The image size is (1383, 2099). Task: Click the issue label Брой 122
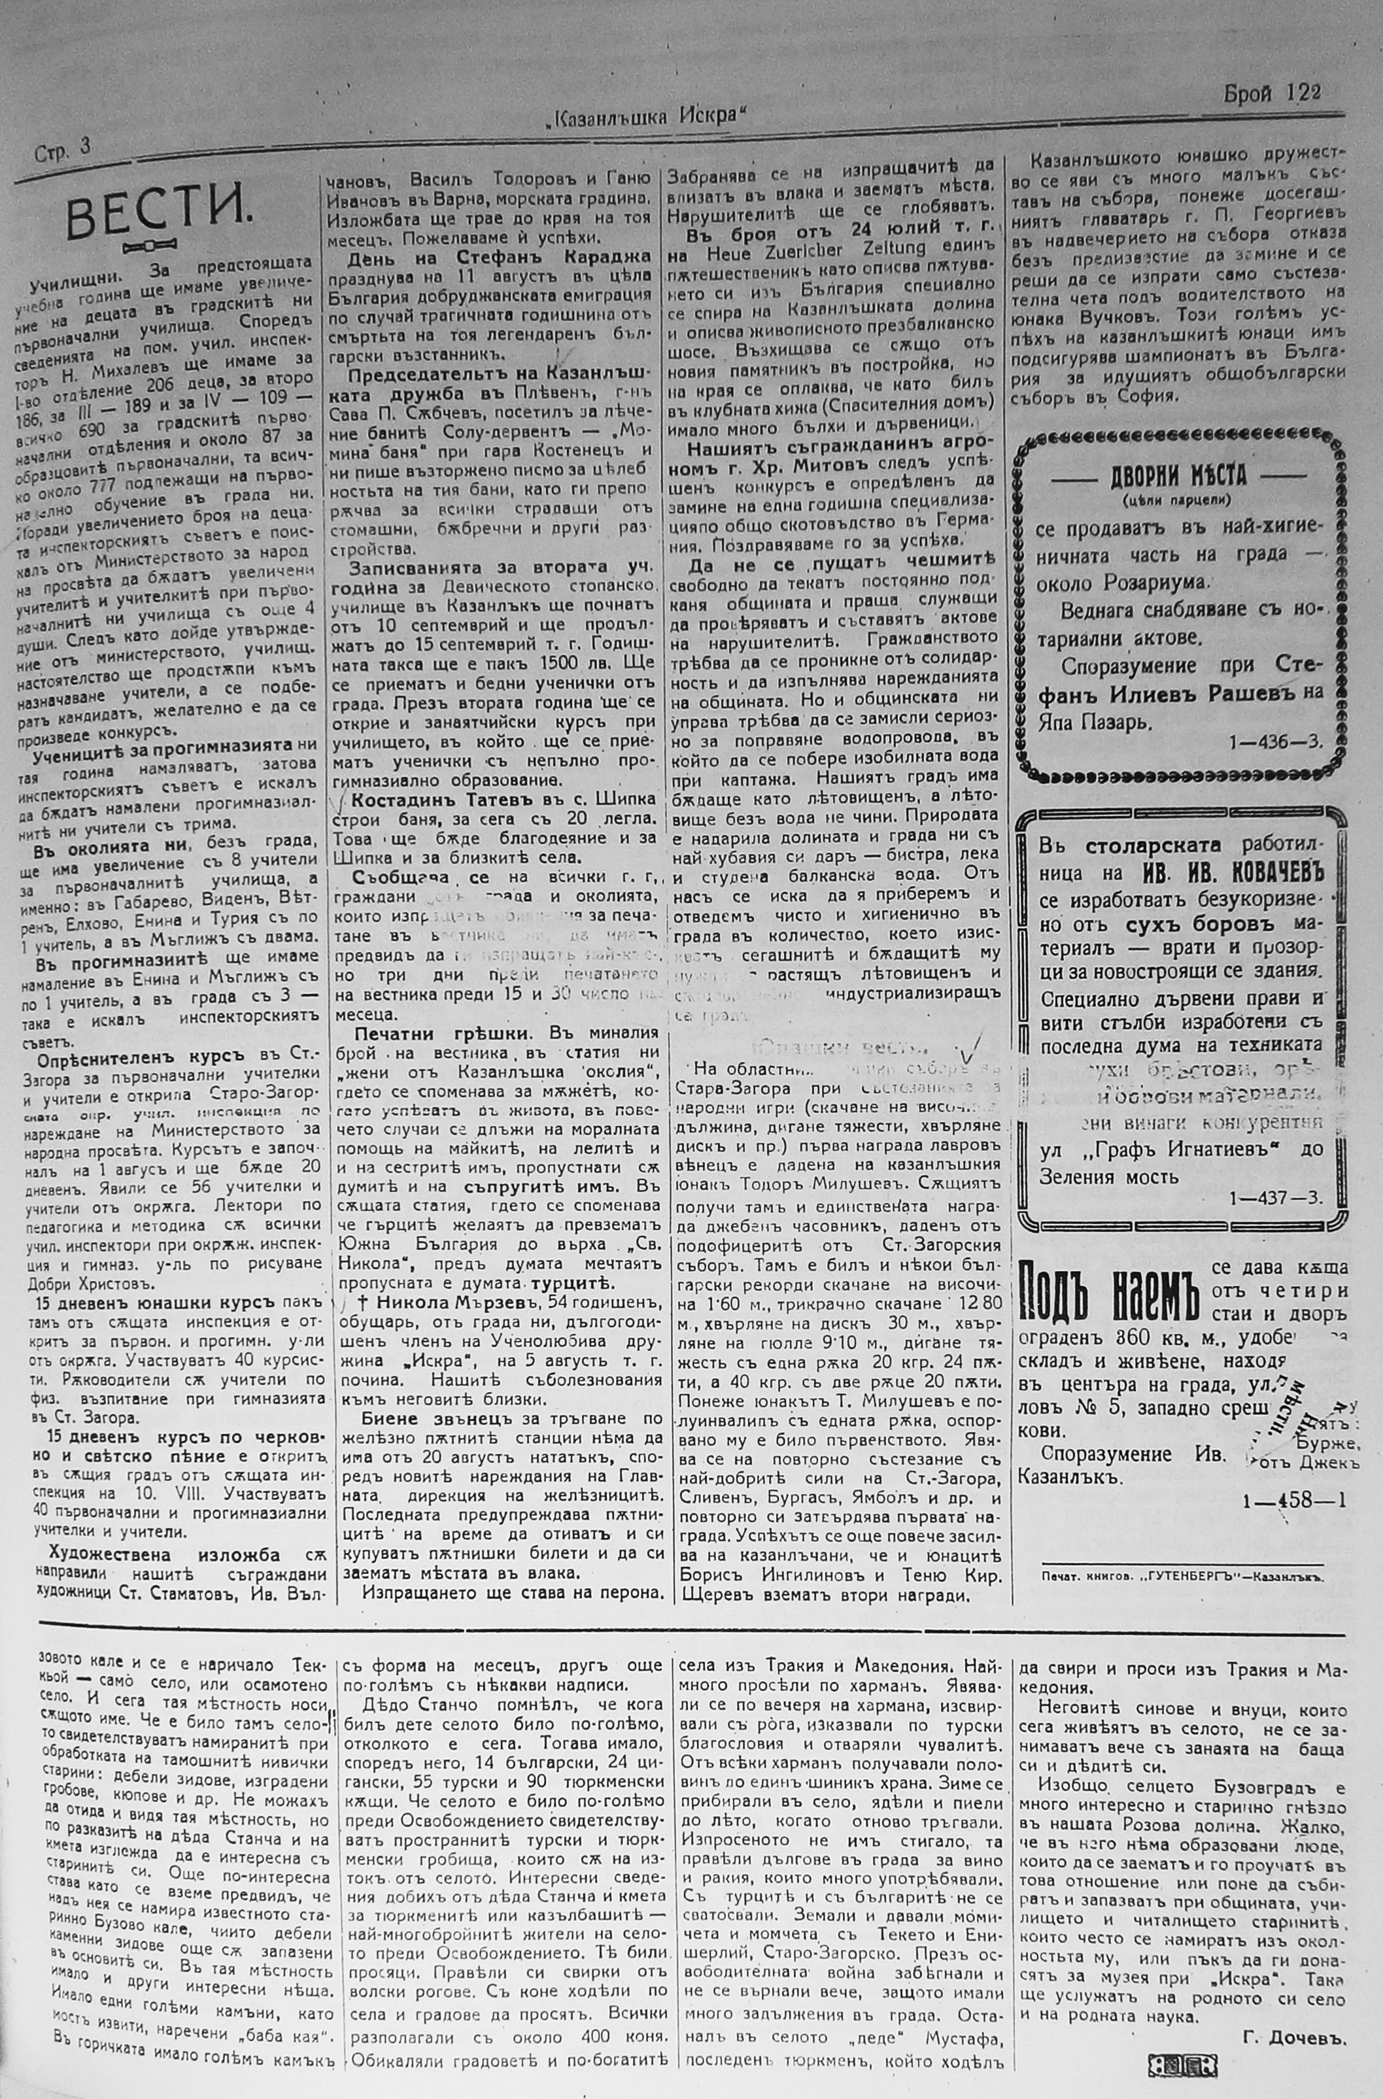click(1271, 93)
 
